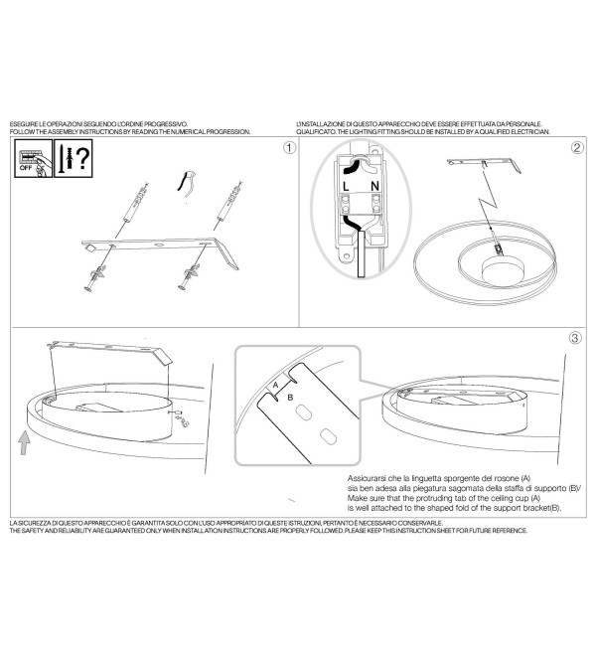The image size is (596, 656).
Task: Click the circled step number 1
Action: point(289,148)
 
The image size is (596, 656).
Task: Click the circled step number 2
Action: point(577,148)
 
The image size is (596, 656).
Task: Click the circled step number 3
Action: point(575,338)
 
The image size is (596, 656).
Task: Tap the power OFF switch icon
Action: point(34,159)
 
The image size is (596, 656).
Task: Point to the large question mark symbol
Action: point(82,157)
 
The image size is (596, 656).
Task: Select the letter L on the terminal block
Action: point(346,187)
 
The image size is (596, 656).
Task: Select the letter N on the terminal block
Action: point(374,186)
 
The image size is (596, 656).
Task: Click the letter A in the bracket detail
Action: point(275,385)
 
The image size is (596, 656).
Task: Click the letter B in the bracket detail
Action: point(290,398)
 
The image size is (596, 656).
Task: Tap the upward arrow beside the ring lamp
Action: point(25,443)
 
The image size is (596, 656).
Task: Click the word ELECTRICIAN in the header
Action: point(531,132)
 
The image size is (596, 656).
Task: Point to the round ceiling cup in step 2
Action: point(504,269)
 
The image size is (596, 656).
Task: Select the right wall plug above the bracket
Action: point(229,202)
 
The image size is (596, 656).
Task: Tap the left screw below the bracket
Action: point(95,277)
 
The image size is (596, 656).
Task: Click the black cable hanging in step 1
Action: point(183,181)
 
